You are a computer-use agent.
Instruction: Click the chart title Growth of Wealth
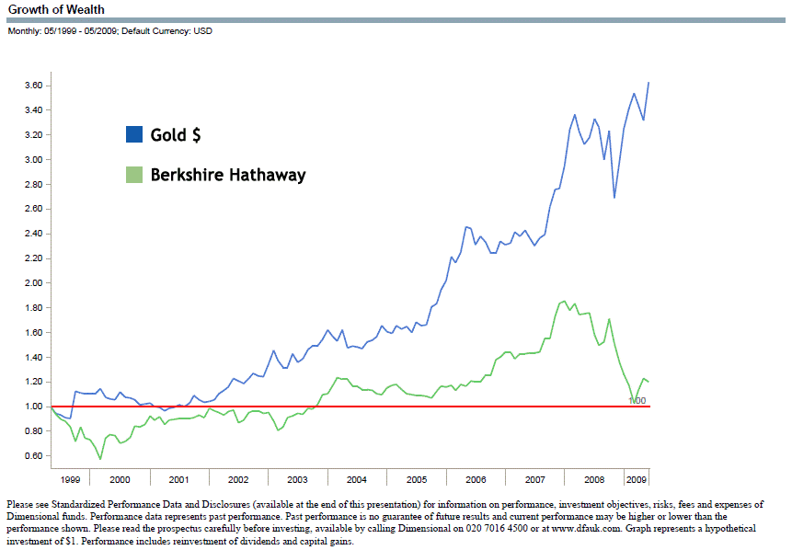click(56, 9)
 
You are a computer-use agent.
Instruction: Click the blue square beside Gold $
click(134, 135)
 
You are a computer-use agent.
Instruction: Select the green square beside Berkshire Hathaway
click(134, 175)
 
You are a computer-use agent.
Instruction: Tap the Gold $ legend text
click(176, 135)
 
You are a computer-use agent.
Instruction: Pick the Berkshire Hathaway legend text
click(228, 175)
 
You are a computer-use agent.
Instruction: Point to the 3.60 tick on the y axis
click(35, 86)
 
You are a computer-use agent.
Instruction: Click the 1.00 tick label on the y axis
click(35, 407)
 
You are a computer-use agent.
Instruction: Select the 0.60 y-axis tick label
click(35, 456)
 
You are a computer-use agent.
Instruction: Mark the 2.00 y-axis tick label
click(35, 283)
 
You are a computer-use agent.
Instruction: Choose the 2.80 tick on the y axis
click(35, 184)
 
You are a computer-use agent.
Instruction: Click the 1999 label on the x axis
click(70, 479)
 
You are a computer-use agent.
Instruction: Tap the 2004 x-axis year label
click(357, 479)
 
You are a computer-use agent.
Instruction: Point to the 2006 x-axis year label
click(476, 479)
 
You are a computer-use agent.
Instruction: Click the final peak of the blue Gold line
click(649, 83)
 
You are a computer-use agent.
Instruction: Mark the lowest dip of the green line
click(100, 458)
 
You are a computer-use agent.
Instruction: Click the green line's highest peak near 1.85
click(563, 301)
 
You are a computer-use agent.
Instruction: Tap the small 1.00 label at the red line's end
click(637, 401)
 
